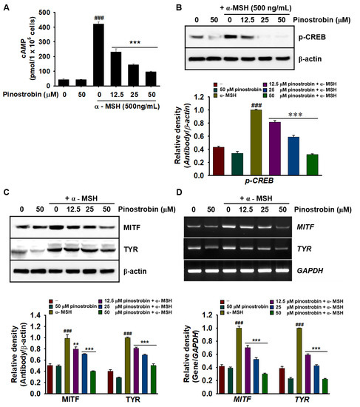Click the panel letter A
[6, 7]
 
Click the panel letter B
[184, 7]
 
